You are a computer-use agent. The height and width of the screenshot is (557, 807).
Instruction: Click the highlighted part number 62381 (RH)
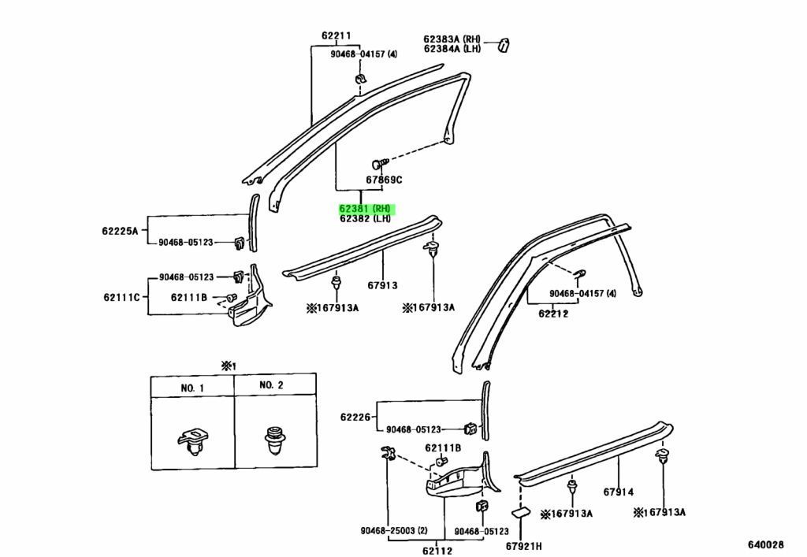tap(366, 209)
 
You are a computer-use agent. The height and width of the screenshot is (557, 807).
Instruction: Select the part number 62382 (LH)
tap(366, 220)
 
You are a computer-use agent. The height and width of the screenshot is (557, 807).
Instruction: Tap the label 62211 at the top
tap(336, 35)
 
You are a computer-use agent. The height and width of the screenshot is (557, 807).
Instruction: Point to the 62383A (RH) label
tap(452, 38)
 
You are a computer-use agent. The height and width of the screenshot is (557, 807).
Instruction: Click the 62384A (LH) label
tap(452, 49)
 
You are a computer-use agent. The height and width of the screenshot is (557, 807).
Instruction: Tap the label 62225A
tap(120, 230)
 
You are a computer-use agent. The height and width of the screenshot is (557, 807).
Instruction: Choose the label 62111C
tap(121, 297)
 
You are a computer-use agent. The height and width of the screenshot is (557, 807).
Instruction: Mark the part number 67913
tap(383, 286)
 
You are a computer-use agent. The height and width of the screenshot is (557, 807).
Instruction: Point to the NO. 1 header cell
tap(192, 388)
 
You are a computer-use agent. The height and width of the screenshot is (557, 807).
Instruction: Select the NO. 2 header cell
tap(271, 385)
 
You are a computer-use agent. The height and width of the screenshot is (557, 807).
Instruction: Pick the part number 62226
tap(355, 416)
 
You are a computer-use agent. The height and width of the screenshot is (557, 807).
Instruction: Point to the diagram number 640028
tap(765, 544)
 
